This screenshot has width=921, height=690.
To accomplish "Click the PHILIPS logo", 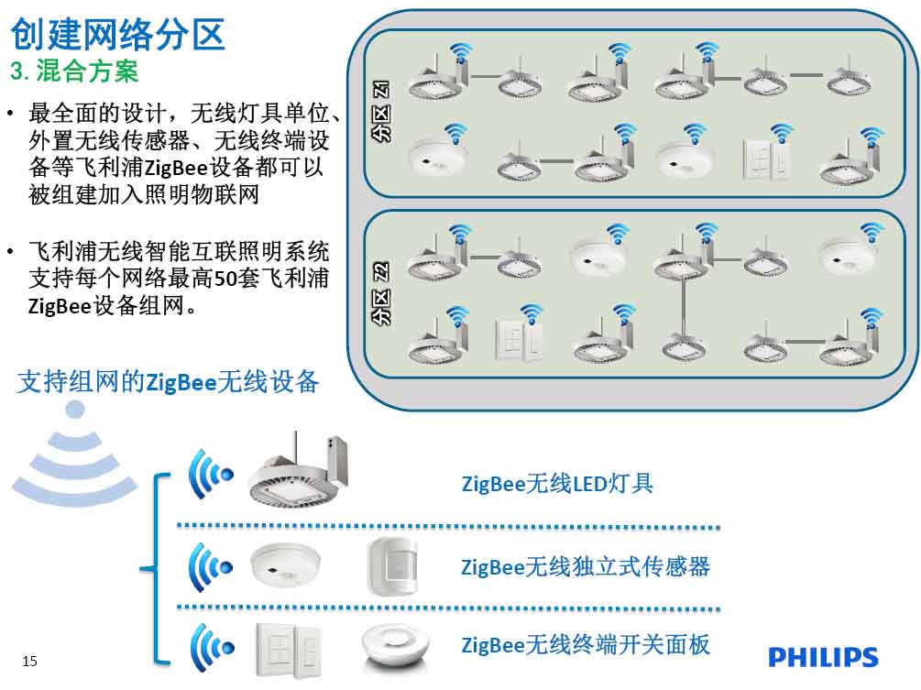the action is coord(823,657).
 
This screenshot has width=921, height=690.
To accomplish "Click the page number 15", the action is coord(29,662).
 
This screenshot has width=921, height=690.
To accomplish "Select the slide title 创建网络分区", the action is coord(118,34).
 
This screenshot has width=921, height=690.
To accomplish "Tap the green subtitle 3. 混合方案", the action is coord(74,71).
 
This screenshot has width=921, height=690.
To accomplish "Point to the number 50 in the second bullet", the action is coord(225,278).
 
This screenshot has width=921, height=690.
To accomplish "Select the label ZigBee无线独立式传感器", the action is coord(586,566).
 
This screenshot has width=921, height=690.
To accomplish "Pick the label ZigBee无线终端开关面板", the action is coord(586,644).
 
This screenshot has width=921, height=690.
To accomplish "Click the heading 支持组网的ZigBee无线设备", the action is coord(169,382).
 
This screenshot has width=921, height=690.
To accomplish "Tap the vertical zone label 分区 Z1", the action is coord(381,111).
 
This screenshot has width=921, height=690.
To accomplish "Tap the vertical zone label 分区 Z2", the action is coord(381,293).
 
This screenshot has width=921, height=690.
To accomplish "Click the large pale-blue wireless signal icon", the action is coord(74,452).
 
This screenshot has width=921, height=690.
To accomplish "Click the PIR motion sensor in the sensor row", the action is coord(392,566).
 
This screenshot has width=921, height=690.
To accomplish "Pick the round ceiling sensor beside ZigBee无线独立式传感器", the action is coord(285,564).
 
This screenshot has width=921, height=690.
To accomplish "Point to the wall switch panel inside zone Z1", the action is coord(766,159).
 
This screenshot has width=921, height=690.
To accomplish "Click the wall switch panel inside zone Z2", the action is coord(519,339).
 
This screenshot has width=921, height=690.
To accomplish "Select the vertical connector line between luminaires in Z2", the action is coord(683,307).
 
